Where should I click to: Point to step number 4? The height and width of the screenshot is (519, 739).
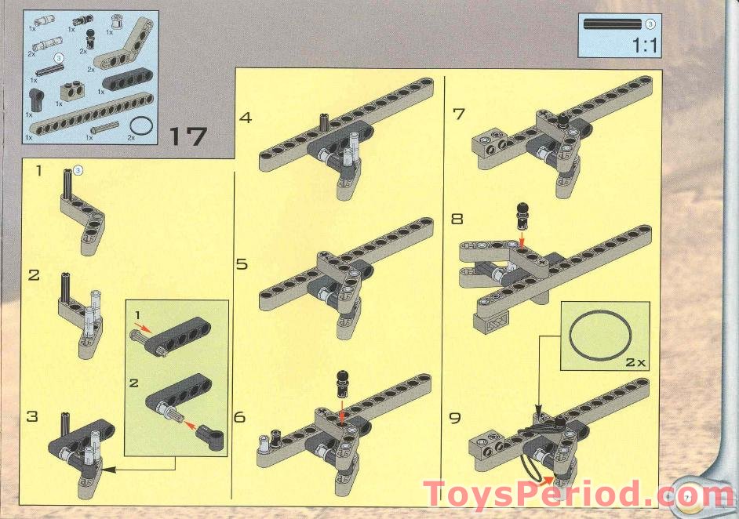coord(246,118)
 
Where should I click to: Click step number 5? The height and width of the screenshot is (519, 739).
coord(242,264)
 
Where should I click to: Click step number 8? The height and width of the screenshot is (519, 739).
coord(457,219)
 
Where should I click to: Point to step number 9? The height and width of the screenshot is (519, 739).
coord(456,417)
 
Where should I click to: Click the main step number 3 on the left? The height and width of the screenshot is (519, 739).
coord(32,416)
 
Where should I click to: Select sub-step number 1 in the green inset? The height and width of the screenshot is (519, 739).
coord(138,315)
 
